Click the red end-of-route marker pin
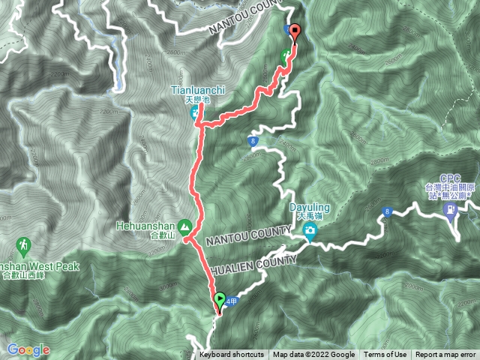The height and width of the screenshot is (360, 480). point(294,33)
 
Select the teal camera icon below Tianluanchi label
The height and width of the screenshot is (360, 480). point(195,114)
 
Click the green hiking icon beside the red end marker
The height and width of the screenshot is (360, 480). point(285,55)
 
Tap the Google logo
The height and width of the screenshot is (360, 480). point(28,349)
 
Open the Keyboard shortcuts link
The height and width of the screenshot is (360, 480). point(232,355)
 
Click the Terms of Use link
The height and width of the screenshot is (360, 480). point(385,355)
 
